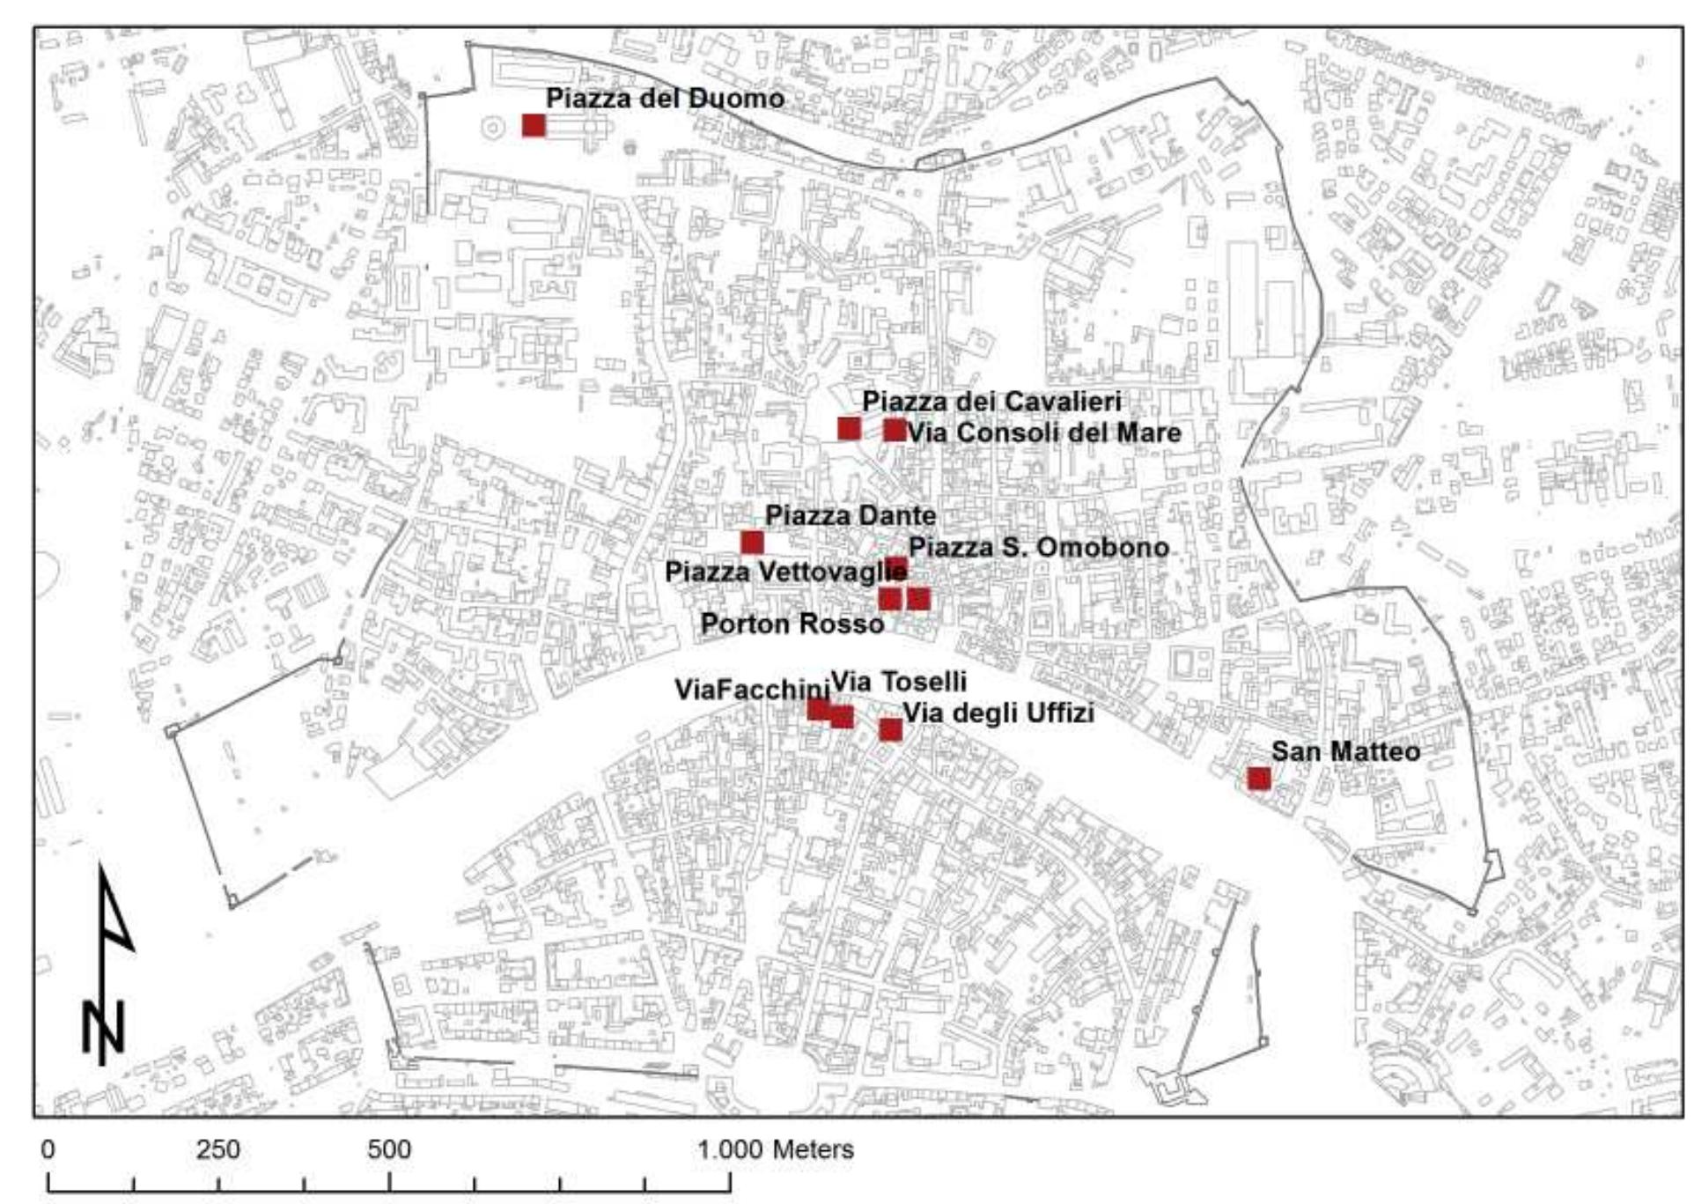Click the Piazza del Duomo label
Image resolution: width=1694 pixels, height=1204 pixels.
[665, 99]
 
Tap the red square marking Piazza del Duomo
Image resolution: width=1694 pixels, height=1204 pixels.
[534, 126]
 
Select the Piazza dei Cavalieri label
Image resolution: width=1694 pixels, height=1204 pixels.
[991, 402]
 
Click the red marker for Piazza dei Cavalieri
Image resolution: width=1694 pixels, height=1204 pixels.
[849, 429]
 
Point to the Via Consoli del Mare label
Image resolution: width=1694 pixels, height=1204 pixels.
[1044, 432]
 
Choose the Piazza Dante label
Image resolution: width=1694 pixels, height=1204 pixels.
[851, 515]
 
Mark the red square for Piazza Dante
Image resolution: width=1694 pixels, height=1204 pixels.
[752, 543]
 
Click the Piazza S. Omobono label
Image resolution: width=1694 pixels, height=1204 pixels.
[1039, 547]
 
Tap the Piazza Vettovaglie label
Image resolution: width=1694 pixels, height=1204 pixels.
[785, 572]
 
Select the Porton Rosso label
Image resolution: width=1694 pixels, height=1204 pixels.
[792, 624]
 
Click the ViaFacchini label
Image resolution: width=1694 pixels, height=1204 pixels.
[753, 690]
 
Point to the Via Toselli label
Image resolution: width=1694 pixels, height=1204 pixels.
[899, 681]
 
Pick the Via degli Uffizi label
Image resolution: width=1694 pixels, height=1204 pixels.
[999, 713]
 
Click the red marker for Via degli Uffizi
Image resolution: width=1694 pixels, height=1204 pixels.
[891, 730]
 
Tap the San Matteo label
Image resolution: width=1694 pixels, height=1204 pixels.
[1345, 751]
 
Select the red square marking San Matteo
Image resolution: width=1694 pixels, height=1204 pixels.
[1259, 779]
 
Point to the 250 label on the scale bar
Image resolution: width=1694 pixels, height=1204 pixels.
[217, 1149]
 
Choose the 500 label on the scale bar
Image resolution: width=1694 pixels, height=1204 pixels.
[389, 1149]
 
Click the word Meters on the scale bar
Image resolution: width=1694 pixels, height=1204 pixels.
[813, 1149]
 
